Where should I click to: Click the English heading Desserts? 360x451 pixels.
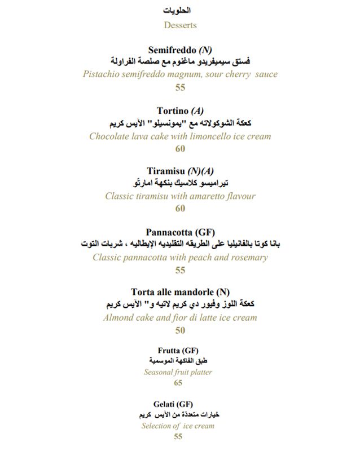pos(180,25)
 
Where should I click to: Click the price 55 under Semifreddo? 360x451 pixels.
pos(180,87)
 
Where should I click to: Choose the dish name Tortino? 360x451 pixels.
pos(172,111)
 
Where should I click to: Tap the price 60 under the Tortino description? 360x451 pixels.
pos(180,149)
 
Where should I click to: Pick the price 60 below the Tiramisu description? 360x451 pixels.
pos(180,209)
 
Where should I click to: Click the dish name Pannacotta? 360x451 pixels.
pos(169,232)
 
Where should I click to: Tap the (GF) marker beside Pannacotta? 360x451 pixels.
pos(205,232)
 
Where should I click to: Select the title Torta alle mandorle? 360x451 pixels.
pos(172,292)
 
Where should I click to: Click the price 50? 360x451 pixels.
pos(180,330)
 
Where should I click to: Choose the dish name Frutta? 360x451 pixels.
pos(169,351)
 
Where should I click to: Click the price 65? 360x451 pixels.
pos(178,383)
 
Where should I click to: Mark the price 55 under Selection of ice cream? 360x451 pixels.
pos(178,437)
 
